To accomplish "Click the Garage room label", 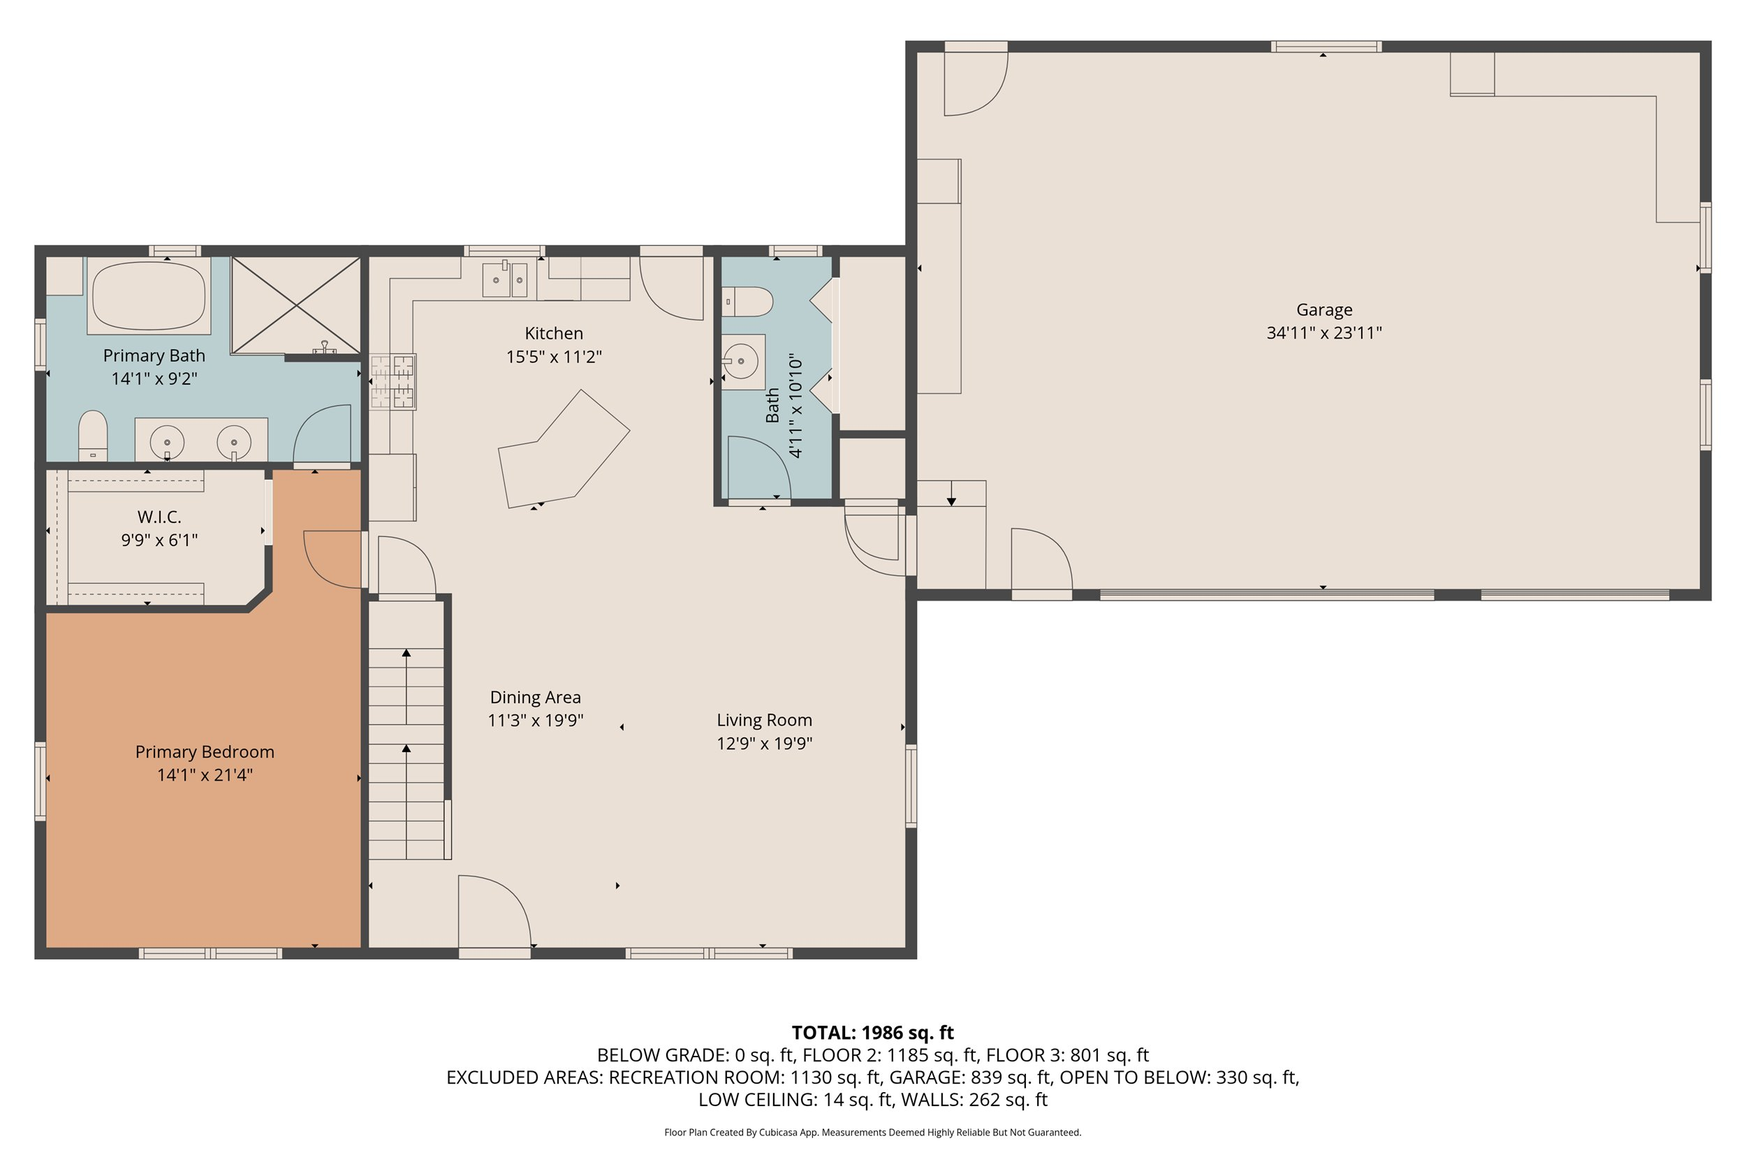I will [x=1323, y=309].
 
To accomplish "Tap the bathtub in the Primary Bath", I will [x=149, y=295].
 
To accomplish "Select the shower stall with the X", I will [x=295, y=305].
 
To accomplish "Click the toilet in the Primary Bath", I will [x=93, y=436].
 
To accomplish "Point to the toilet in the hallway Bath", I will [x=747, y=302].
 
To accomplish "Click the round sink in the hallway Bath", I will [x=741, y=362].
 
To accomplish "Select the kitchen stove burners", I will [x=393, y=381].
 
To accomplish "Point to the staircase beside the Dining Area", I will [x=406, y=731].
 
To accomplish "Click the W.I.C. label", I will [x=159, y=517].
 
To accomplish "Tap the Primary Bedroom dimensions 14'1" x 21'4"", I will [x=205, y=775].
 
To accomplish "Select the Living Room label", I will [x=764, y=720].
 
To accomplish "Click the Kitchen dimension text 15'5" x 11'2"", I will [x=554, y=357].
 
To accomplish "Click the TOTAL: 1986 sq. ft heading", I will [x=872, y=1033].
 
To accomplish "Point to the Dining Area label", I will [x=535, y=697].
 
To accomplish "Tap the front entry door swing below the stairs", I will [x=492, y=913].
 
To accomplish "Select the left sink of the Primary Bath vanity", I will [x=167, y=442].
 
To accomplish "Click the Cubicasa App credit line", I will [x=872, y=1132].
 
